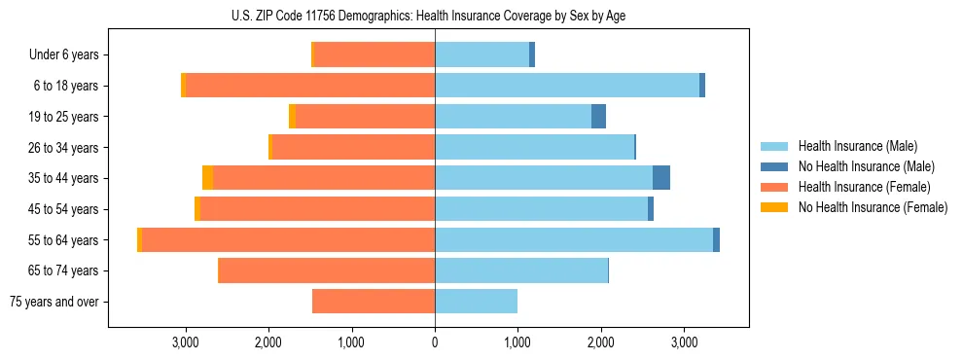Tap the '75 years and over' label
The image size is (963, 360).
[x=53, y=302]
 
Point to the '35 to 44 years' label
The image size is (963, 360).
[x=63, y=178]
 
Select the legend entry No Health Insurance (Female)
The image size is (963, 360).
[x=873, y=207]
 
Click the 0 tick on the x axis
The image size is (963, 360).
[x=435, y=343]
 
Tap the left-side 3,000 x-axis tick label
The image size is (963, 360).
[x=185, y=343]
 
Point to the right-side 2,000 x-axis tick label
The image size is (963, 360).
[x=601, y=343]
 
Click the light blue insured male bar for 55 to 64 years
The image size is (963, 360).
[x=574, y=239]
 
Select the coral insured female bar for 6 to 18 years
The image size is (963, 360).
[x=309, y=86]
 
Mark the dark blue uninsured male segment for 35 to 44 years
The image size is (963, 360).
[x=661, y=178]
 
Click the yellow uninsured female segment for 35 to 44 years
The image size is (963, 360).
[x=207, y=178]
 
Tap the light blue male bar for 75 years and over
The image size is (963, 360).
[x=476, y=302]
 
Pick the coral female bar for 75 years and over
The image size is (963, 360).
[x=374, y=302]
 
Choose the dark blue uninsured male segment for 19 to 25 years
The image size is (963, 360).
[x=598, y=117]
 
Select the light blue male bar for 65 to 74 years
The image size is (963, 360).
[x=521, y=270]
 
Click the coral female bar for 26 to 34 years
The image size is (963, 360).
[x=353, y=147]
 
